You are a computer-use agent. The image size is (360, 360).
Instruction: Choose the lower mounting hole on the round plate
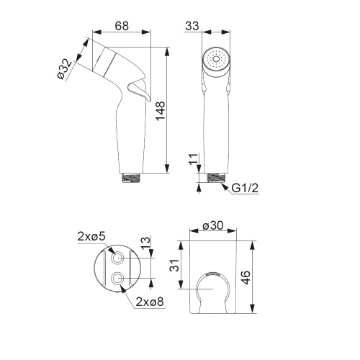pos(119,278)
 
